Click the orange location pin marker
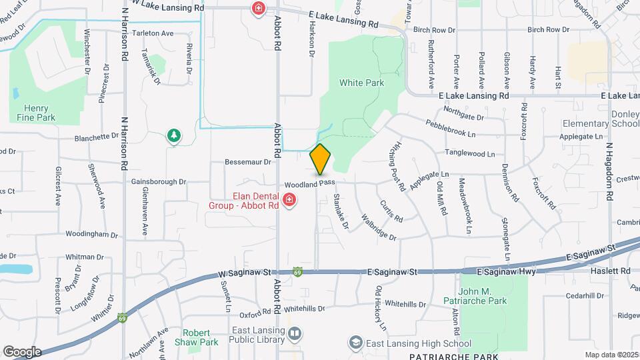[321, 159]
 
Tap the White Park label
[361, 83]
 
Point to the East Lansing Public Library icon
[295, 333]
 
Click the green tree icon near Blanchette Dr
[173, 136]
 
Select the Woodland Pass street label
[308, 183]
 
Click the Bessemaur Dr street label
[249, 161]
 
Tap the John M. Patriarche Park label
[492, 296]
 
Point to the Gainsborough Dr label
[158, 181]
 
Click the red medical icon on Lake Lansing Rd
[258, 8]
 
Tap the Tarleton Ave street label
[153, 33]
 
